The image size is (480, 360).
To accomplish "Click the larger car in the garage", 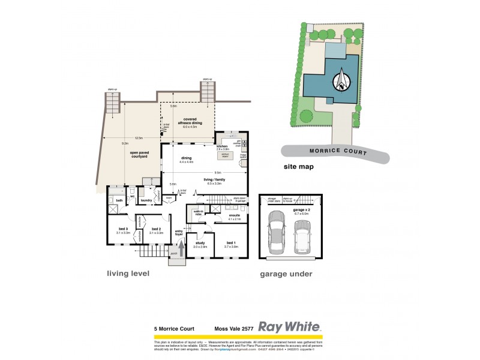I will (278, 234).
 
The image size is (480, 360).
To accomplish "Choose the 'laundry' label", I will (146, 200).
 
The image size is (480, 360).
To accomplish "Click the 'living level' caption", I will (128, 274).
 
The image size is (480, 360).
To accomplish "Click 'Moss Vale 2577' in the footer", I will (235, 328).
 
